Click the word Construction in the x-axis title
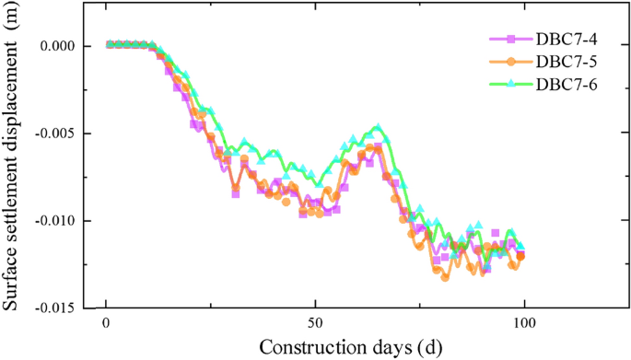click(x=304, y=348)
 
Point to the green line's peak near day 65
click(x=377, y=126)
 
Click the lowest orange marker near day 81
click(x=445, y=276)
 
